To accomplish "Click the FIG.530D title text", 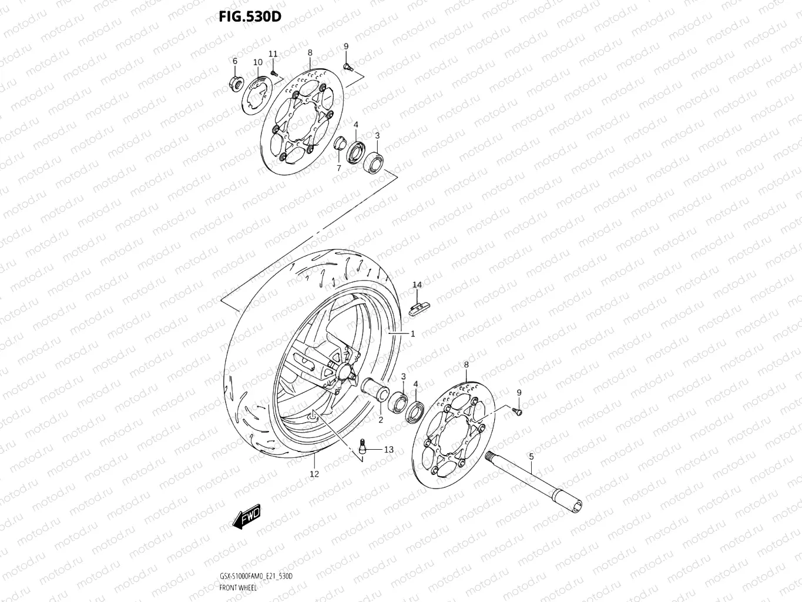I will (x=250, y=16).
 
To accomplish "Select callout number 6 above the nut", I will (x=234, y=61).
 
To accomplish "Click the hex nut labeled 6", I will (x=235, y=83).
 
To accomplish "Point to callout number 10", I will (x=257, y=62).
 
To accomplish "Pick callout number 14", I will (x=417, y=285).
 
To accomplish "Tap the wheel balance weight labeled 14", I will (x=419, y=307).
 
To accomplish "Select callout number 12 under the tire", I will (x=314, y=473).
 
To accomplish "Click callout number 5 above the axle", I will (x=531, y=456).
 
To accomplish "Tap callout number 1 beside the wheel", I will (x=412, y=334).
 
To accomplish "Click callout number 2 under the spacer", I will (x=380, y=420).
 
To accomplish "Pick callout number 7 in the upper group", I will (x=338, y=168).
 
